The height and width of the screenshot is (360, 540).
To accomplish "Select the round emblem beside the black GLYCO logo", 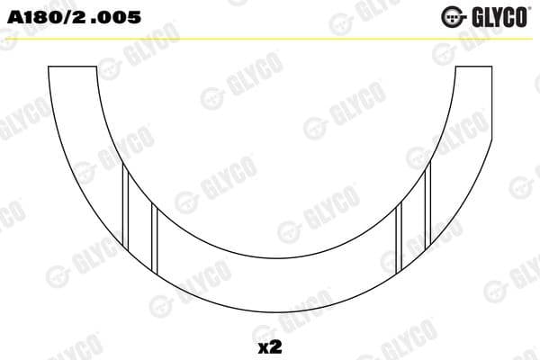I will point(453,16).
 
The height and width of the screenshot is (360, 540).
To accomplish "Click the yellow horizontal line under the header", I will point(270,38).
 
